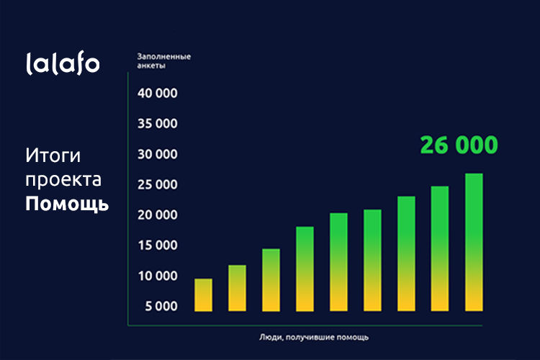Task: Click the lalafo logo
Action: [x=63, y=63]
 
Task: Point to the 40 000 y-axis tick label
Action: [x=157, y=94]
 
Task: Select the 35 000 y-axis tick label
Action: [x=157, y=124]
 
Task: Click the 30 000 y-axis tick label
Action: [x=157, y=155]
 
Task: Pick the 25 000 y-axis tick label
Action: [x=157, y=185]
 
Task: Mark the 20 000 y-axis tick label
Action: [x=157, y=215]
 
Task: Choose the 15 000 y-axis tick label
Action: [x=157, y=246]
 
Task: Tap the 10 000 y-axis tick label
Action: [x=157, y=276]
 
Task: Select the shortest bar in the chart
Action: [x=204, y=295]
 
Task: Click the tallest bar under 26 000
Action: [x=474, y=243]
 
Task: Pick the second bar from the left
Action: [x=238, y=288]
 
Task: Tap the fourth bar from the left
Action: [x=305, y=269]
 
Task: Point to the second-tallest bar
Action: [x=440, y=248]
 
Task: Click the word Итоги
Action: [x=53, y=156]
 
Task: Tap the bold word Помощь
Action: [x=67, y=204]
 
